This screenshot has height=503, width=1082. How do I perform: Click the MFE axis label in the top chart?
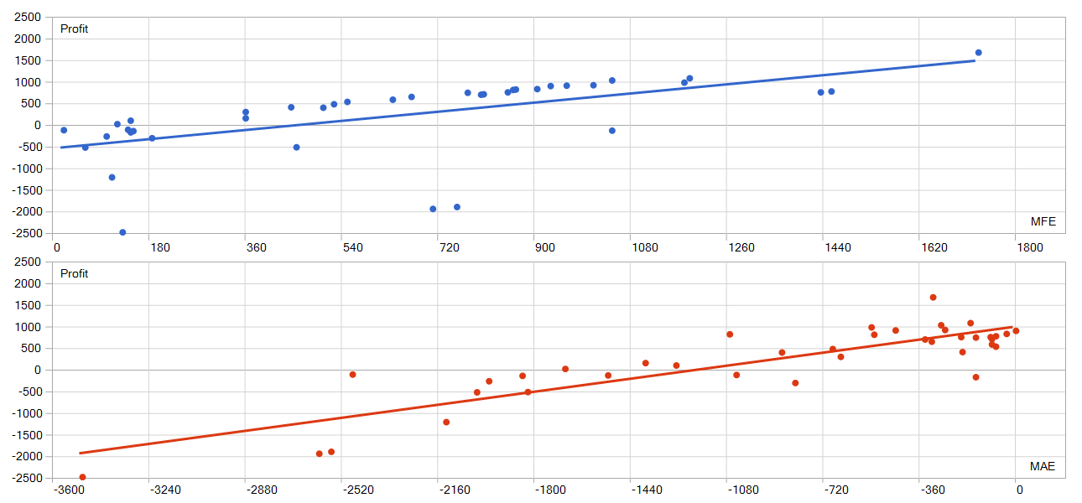point(1043,221)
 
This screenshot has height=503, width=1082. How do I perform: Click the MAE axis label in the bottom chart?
point(1043,466)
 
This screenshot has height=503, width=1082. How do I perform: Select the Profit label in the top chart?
point(74,29)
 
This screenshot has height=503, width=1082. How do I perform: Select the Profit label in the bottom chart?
point(74,274)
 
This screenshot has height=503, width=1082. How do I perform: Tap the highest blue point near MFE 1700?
point(978,53)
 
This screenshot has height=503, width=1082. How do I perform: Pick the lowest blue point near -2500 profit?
point(122,232)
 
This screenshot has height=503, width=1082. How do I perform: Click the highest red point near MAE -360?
point(933,298)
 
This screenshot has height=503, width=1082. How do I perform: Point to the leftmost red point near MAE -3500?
point(82,477)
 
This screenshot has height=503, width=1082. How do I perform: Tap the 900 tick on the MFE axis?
point(544,247)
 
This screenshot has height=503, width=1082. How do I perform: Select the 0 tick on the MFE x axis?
point(55,247)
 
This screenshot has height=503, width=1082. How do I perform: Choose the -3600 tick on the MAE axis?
point(68,490)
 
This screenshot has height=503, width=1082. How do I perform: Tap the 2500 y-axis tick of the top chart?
point(29,18)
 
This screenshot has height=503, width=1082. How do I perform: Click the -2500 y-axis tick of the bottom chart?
point(27,478)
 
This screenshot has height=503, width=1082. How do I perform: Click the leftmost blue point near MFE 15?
point(64,130)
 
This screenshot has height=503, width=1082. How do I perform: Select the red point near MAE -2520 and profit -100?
point(352,375)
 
